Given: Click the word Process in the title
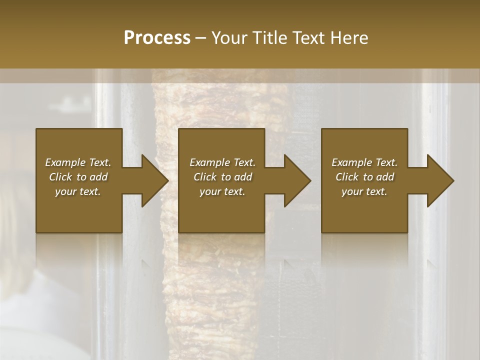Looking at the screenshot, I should click(157, 38).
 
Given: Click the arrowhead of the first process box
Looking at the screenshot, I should click(154, 180).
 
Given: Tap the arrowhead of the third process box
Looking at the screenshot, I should click(440, 180).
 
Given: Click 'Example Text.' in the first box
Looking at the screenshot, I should click(78, 162).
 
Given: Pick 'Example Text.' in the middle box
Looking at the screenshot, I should click(222, 162).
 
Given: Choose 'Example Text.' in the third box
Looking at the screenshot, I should click(364, 162).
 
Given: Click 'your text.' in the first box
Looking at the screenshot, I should click(78, 191).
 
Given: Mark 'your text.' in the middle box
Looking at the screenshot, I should click(222, 191).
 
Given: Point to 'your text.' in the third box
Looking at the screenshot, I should click(364, 191).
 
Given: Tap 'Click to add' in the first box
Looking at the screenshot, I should click(78, 177).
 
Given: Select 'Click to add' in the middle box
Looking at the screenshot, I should click(222, 177).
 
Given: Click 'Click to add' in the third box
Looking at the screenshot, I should click(364, 177).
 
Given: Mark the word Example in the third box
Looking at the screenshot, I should click(351, 162).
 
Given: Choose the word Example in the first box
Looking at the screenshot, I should click(65, 162).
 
